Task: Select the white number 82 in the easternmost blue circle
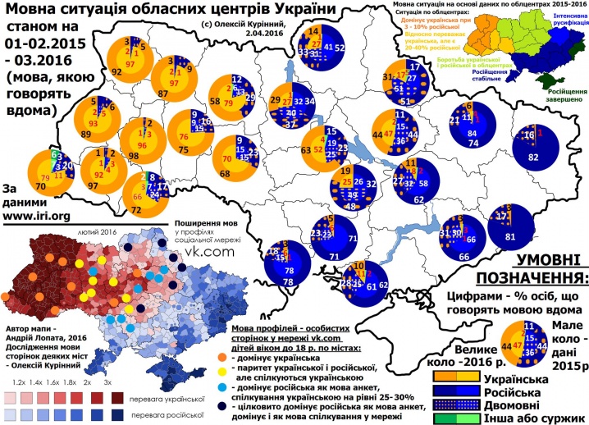tap(534, 157)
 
